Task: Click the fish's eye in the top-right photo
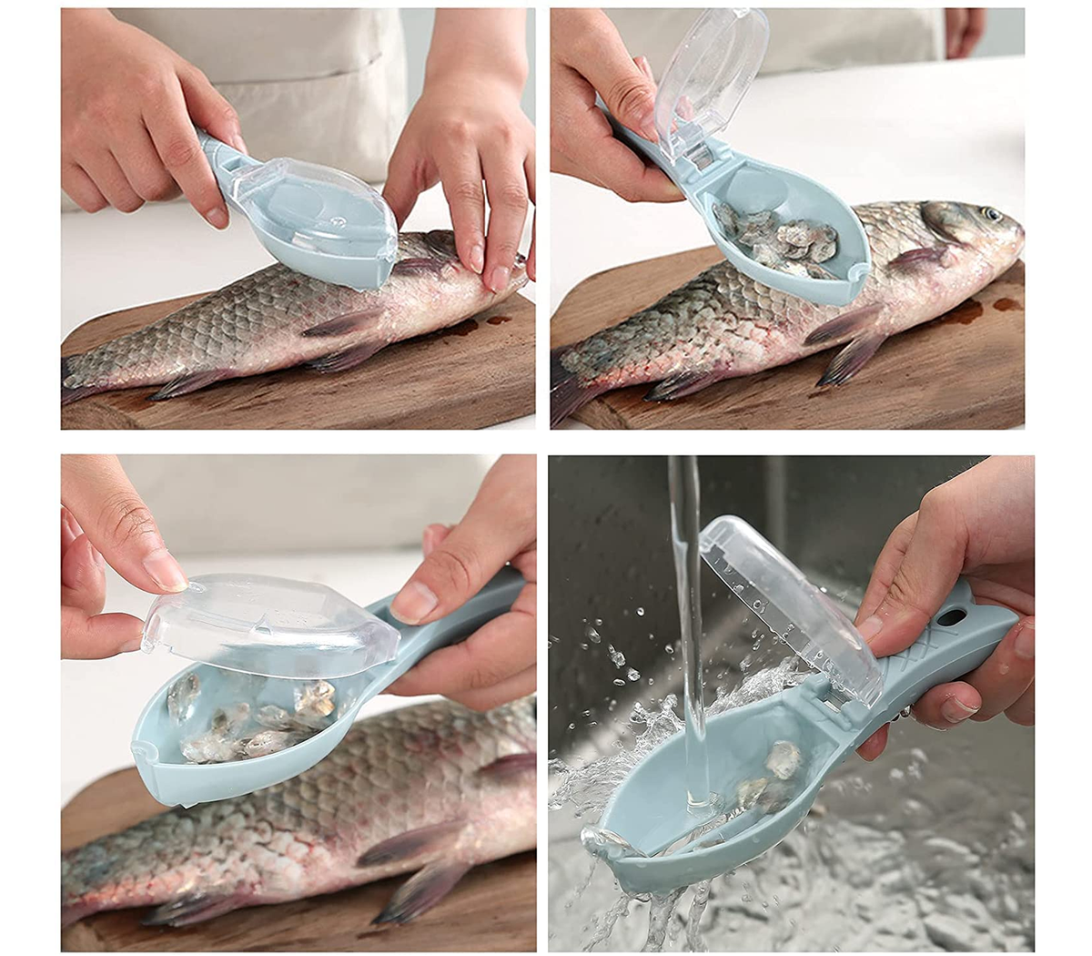click(990, 216)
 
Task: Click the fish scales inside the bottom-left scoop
click(255, 719)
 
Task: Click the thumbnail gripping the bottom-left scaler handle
click(414, 602)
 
